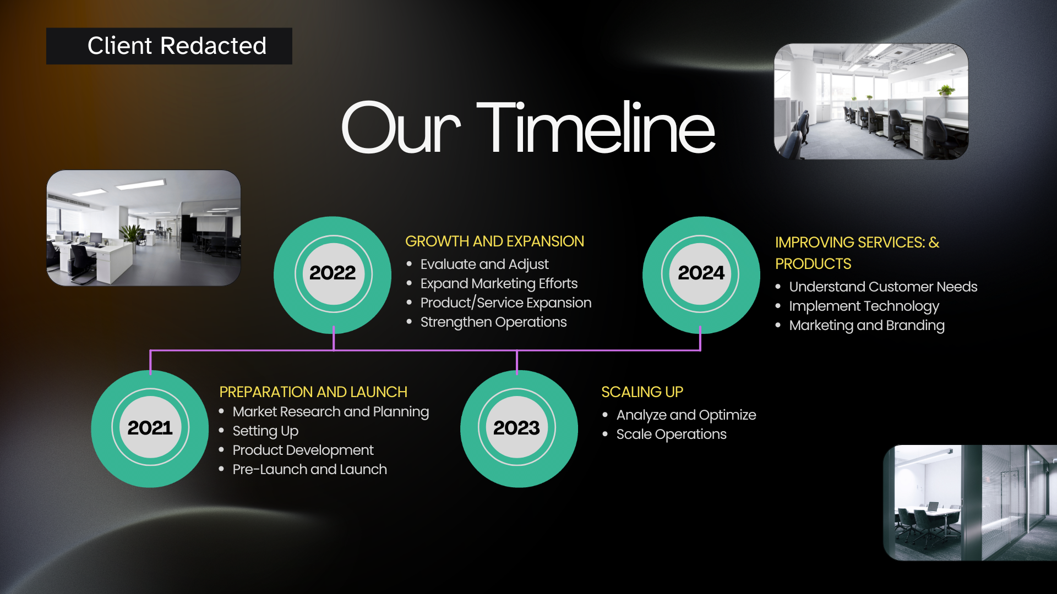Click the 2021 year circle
[x=150, y=428]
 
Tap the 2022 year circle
[x=333, y=274]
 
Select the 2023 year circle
[x=519, y=428]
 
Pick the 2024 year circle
[x=701, y=274]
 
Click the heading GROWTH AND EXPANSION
[x=494, y=241]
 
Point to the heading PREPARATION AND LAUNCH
[x=313, y=392]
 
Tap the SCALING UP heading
[x=642, y=392]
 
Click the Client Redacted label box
[x=169, y=46]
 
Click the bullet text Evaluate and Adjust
[x=484, y=265]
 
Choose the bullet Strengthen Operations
[x=493, y=322]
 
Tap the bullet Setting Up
[x=265, y=431]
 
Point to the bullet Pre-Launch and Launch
[x=309, y=469]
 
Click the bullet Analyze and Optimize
[x=686, y=415]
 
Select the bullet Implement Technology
[x=864, y=306]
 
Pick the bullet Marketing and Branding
[x=867, y=326]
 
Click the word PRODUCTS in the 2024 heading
[x=813, y=264]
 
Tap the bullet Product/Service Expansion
[x=506, y=303]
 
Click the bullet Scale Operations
[x=671, y=435]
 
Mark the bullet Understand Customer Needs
[x=883, y=287]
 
